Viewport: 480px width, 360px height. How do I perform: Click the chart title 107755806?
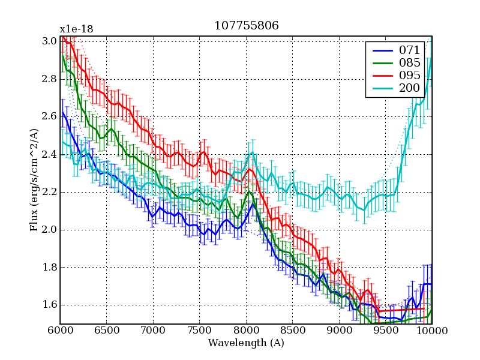click(246, 26)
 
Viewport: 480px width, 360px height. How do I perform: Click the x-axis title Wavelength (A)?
click(246, 343)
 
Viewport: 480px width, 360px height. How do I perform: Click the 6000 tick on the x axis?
click(60, 330)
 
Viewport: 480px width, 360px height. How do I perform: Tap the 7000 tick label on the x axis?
click(153, 330)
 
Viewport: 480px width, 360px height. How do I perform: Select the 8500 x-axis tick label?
click(293, 330)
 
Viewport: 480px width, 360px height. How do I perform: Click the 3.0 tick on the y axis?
click(50, 41)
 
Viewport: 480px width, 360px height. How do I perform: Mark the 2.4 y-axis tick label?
click(50, 154)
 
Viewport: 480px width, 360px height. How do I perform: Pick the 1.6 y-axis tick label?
click(50, 305)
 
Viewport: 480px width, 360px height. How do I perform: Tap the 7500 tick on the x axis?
click(200, 330)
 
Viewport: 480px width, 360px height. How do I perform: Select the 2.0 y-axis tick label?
click(50, 230)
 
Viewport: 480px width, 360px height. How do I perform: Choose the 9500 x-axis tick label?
click(386, 330)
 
